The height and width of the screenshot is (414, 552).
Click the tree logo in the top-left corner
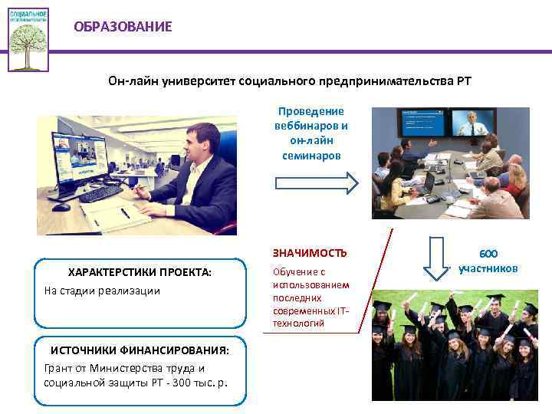point(28,39)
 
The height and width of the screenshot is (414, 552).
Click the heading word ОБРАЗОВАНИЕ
point(123,27)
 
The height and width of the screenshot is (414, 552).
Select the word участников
point(488,268)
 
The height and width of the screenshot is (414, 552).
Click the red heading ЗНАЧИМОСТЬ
point(310,252)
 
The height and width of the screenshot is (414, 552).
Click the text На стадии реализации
point(102,291)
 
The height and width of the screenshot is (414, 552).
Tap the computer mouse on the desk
point(61,206)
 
